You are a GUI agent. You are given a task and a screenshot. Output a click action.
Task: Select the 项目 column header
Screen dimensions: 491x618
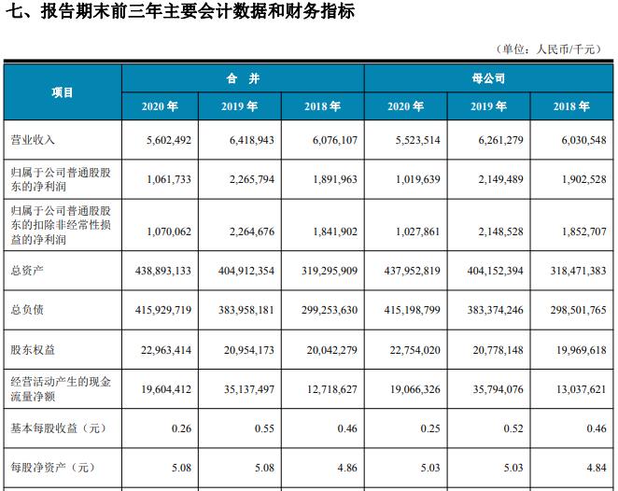[x=62, y=92]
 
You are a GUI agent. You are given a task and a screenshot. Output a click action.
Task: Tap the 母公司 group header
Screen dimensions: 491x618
[x=489, y=77]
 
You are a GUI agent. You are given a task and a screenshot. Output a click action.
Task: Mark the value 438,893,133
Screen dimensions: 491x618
[x=158, y=270]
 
